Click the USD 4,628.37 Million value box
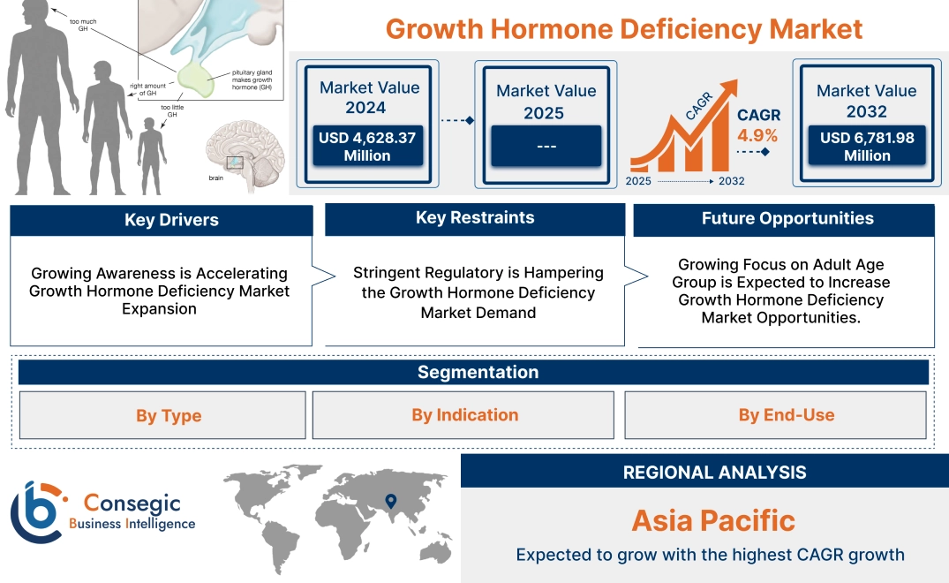point(366,147)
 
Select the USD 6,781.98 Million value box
point(867,146)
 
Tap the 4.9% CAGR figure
point(757,135)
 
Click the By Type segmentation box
point(169,415)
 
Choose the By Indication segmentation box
point(464,415)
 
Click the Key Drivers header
point(171,220)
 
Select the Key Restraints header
point(475,218)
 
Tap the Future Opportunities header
point(787,218)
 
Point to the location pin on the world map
point(389,503)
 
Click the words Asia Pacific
point(712,520)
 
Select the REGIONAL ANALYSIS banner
point(714,473)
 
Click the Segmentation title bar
point(478,372)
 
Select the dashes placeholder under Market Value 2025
point(546,146)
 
